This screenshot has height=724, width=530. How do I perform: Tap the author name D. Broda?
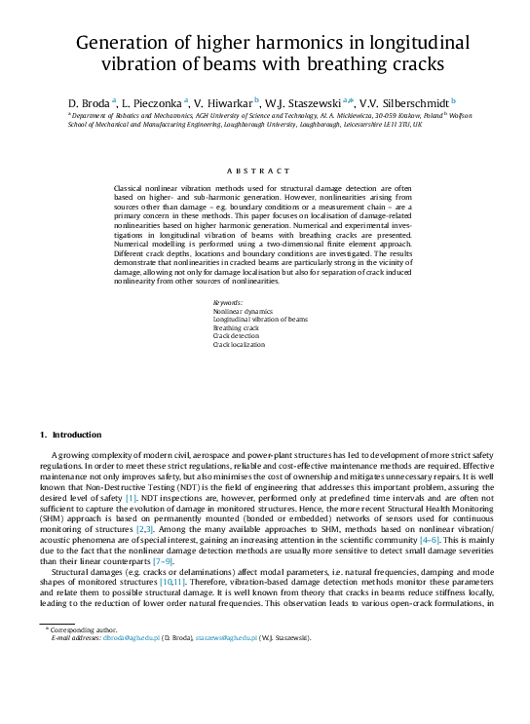pos(89,102)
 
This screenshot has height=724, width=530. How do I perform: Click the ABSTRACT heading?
pos(265,171)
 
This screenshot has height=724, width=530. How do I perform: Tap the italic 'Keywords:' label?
pos(229,303)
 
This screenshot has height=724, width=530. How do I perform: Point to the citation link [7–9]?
pos(163,561)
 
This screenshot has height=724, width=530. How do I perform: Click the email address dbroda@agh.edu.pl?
pos(122,638)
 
